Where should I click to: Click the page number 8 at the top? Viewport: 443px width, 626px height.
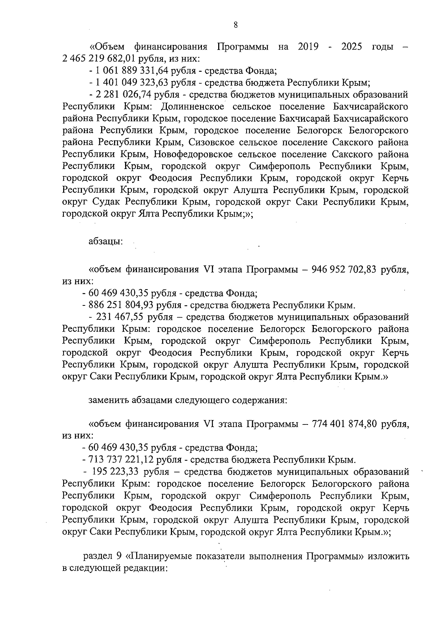click(236, 25)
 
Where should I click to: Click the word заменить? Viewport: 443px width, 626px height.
click(107, 400)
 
